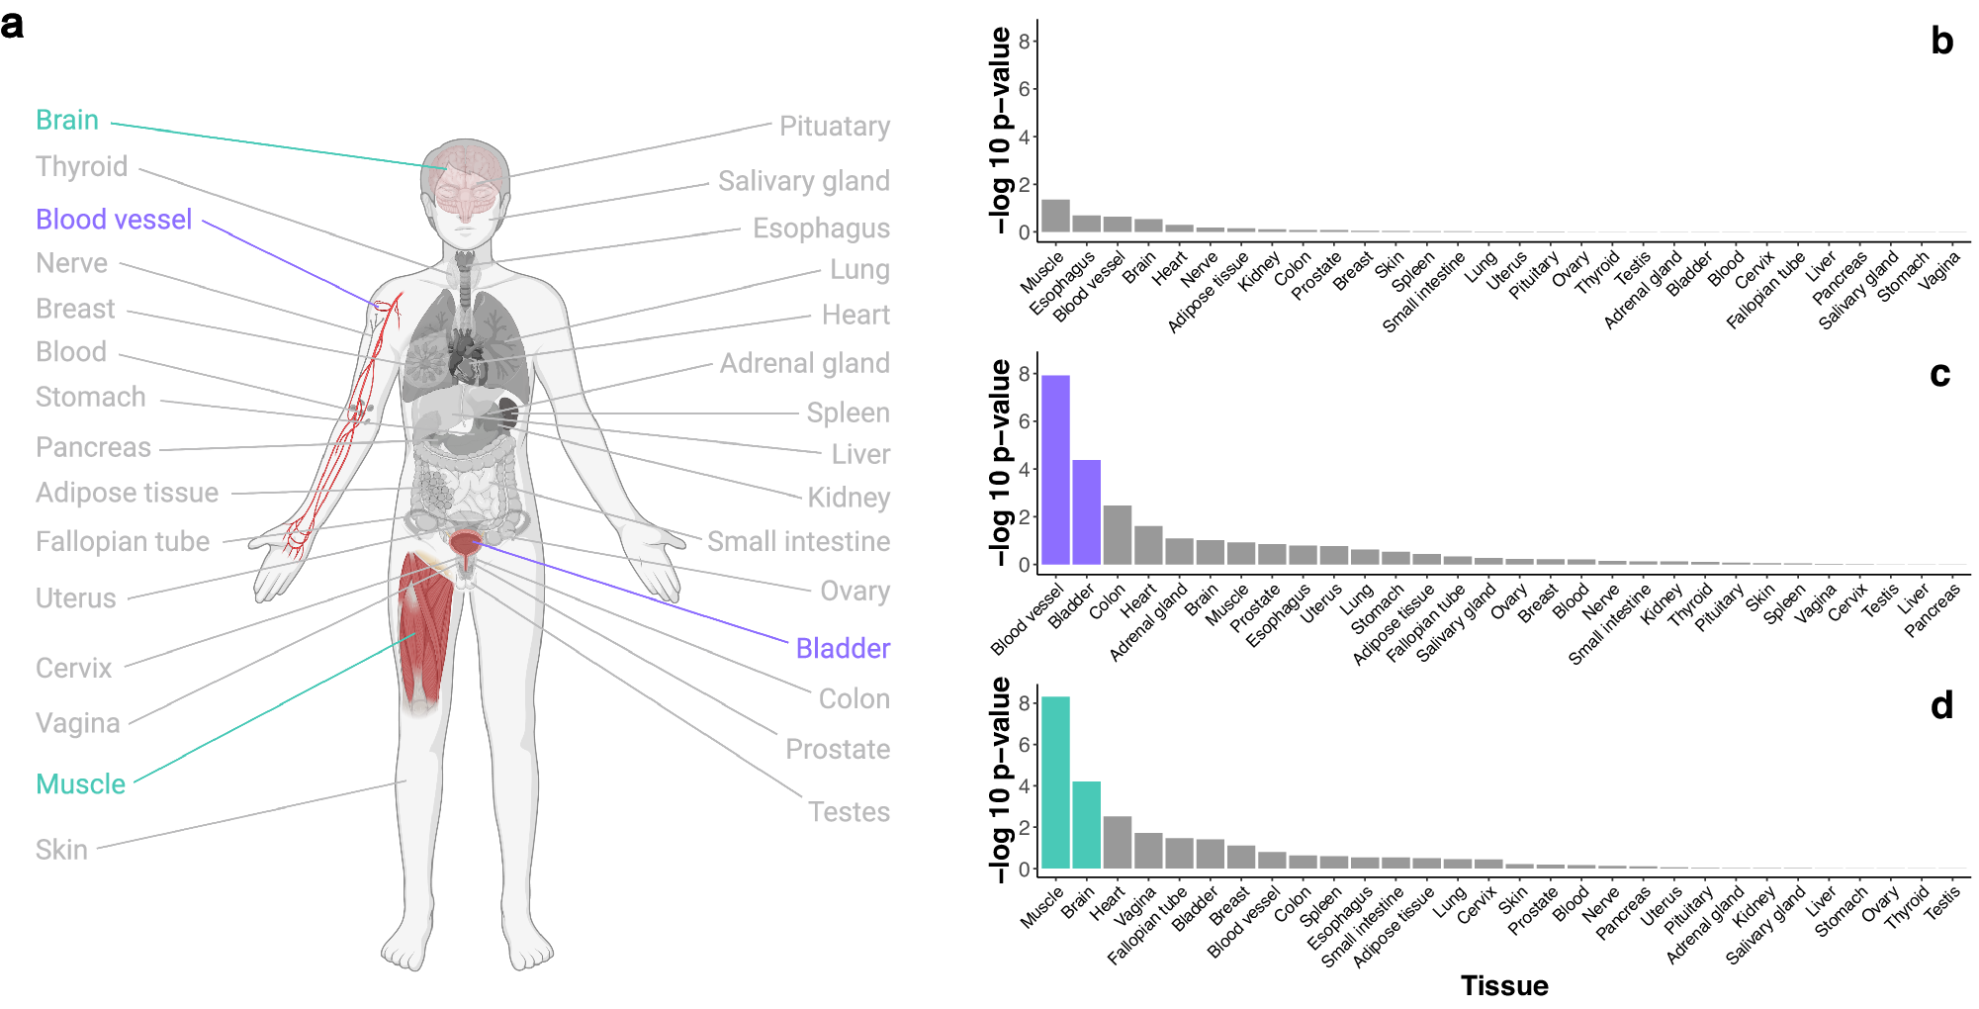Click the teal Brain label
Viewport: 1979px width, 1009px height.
(x=67, y=120)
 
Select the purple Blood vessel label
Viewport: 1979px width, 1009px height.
(x=114, y=220)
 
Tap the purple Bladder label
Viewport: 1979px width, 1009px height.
(x=843, y=649)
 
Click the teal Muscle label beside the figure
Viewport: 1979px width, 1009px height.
(x=80, y=784)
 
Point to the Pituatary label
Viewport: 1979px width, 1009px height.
(x=834, y=127)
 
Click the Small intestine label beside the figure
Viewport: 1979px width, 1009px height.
(x=798, y=542)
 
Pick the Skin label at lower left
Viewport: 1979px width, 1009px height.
(x=61, y=850)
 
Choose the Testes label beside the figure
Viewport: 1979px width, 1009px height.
(x=849, y=812)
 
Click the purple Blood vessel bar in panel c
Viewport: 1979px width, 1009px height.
(x=1055, y=470)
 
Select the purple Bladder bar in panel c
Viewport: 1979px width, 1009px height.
(x=1086, y=512)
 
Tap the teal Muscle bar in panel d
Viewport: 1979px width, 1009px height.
(x=1055, y=782)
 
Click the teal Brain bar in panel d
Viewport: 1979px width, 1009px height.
(x=1086, y=825)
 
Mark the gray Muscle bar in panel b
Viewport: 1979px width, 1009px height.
(x=1055, y=216)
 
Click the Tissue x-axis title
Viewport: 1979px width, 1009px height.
(x=1504, y=985)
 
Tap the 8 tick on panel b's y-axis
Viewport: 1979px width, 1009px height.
(x=1025, y=41)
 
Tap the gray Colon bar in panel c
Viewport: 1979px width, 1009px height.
(x=1117, y=535)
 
